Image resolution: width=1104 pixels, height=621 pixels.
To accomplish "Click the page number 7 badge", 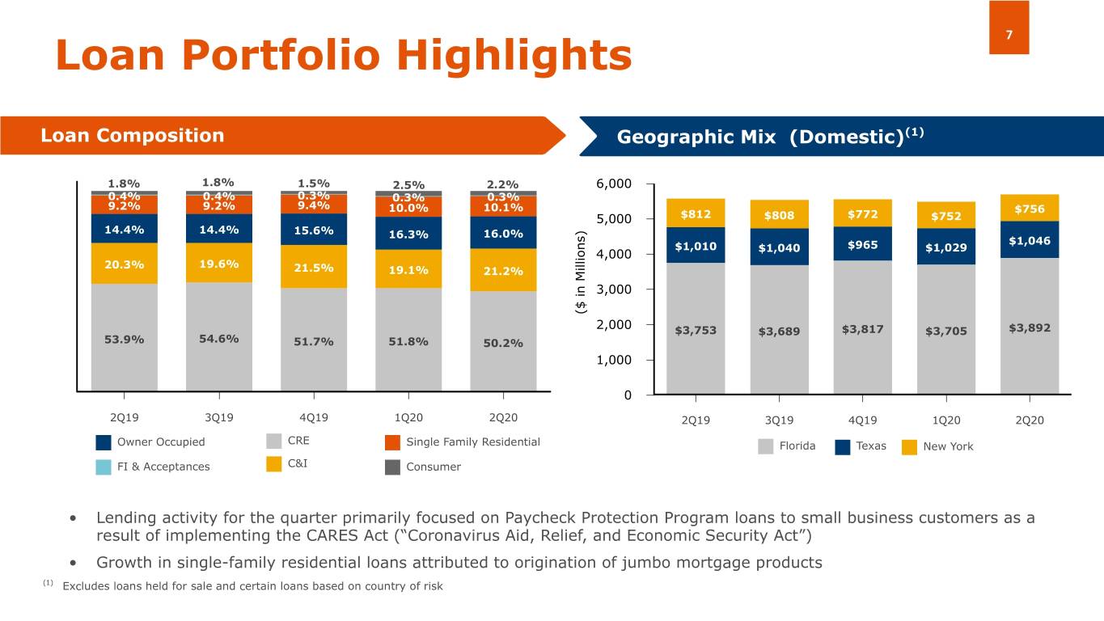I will [1009, 35].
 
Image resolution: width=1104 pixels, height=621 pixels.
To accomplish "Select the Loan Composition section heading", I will [133, 135].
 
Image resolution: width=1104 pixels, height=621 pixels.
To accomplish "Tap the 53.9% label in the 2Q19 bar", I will [125, 339].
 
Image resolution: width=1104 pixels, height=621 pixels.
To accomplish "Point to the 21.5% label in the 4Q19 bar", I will [314, 268].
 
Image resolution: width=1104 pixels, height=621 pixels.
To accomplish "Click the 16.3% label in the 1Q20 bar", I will [408, 234].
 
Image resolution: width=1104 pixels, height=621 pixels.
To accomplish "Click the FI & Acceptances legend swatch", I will [104, 467].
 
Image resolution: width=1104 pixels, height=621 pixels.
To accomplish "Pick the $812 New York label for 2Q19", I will [695, 214].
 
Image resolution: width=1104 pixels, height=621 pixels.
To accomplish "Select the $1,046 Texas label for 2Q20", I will [1030, 241].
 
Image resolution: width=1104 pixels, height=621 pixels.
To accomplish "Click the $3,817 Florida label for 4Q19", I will [862, 329].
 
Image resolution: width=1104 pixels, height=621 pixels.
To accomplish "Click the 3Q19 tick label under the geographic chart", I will [779, 420].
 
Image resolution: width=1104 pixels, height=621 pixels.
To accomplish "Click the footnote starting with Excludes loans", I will [252, 585].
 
